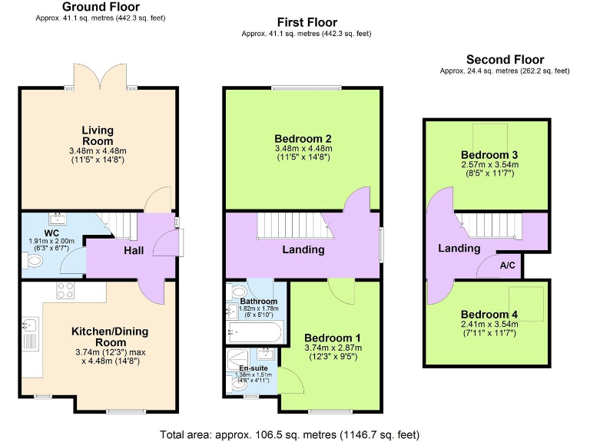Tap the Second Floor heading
click(x=505, y=60)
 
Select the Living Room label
click(x=97, y=135)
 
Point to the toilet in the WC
click(x=33, y=262)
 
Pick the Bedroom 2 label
click(x=302, y=139)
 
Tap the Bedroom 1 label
click(x=333, y=338)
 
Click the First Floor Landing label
click(x=303, y=249)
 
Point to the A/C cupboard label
click(x=508, y=266)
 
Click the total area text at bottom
click(x=290, y=434)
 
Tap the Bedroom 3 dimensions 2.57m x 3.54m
click(x=489, y=164)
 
